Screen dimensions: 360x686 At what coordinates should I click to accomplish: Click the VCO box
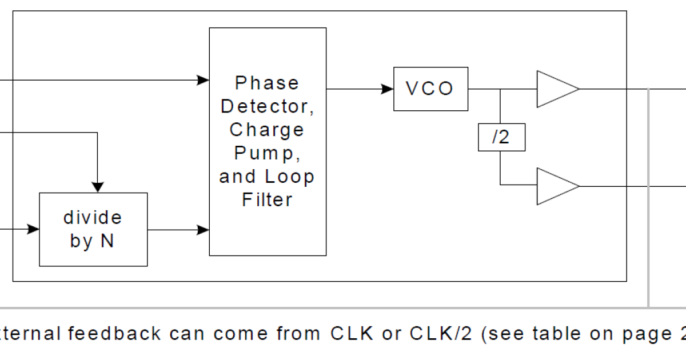point(430,89)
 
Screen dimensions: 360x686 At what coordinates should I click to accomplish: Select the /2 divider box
point(501,138)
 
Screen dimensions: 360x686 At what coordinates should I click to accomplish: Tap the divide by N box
point(93,229)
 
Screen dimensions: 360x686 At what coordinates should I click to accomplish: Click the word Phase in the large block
point(267,83)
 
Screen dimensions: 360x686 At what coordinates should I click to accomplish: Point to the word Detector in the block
point(267,106)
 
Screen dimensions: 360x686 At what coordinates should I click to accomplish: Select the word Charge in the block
point(267,130)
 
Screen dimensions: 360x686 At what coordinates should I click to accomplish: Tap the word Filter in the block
point(267,200)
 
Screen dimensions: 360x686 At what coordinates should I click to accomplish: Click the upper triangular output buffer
point(555,89)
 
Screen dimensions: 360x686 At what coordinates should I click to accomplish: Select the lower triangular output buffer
point(555,186)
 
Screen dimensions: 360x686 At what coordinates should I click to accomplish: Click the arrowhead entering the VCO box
point(388,89)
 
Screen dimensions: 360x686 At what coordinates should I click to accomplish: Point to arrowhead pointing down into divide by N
point(98,187)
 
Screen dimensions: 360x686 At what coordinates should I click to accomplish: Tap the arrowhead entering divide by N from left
point(33,230)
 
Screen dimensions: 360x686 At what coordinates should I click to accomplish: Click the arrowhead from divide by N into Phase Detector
point(203,230)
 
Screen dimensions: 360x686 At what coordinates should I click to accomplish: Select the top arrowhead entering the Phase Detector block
point(203,80)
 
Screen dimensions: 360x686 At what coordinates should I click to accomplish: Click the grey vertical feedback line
point(648,200)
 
